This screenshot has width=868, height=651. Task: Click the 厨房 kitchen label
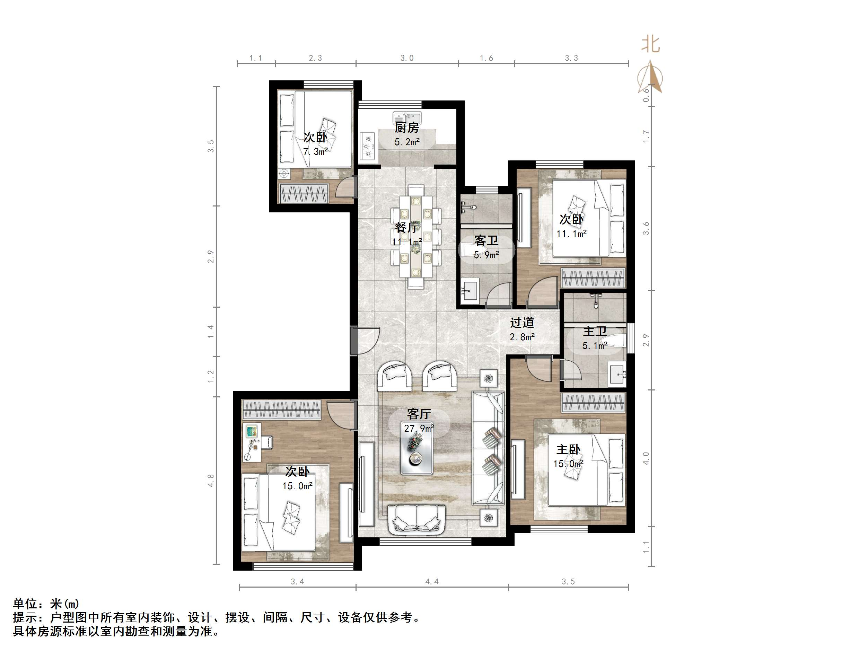click(406, 127)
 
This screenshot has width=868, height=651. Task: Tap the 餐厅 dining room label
click(406, 228)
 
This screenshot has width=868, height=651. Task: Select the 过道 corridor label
click(522, 323)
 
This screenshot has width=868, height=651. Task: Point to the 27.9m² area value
click(419, 428)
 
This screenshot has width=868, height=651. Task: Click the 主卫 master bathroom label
click(595, 331)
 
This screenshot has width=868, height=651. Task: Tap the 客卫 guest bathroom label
click(486, 240)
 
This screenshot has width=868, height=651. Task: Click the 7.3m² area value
click(315, 151)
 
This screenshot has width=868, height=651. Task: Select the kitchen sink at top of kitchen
click(407, 117)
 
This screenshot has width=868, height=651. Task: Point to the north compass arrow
click(651, 77)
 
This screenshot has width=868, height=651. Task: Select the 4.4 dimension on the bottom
click(432, 582)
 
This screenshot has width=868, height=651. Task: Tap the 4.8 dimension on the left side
click(211, 481)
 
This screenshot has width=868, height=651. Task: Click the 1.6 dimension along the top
click(486, 58)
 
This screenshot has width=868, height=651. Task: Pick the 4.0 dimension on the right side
click(646, 458)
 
